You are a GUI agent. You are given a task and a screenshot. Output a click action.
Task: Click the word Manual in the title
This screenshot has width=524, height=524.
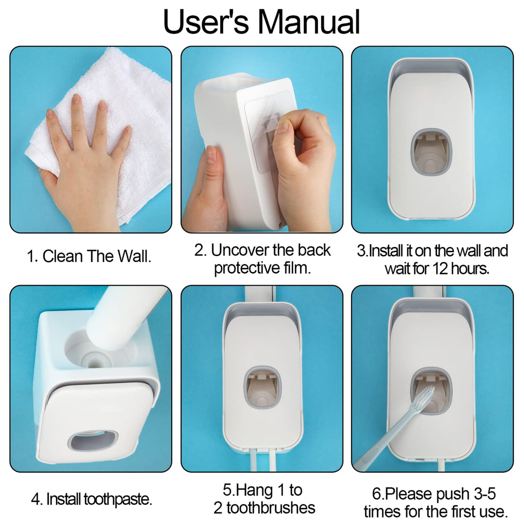coord(309,22)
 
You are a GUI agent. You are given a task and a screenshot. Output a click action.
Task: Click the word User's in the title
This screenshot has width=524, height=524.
coord(206,22)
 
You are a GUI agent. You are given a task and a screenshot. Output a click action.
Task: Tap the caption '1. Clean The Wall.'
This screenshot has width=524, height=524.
coord(89,256)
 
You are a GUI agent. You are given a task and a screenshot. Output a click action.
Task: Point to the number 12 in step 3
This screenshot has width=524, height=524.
coord(440,268)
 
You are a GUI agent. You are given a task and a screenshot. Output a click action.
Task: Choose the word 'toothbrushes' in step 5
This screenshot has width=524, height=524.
coord(271,508)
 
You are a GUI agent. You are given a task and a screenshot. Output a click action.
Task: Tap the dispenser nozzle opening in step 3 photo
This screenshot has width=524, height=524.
coord(431,152)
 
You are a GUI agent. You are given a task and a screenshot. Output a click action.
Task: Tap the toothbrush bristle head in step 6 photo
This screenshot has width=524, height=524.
coord(422,398)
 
